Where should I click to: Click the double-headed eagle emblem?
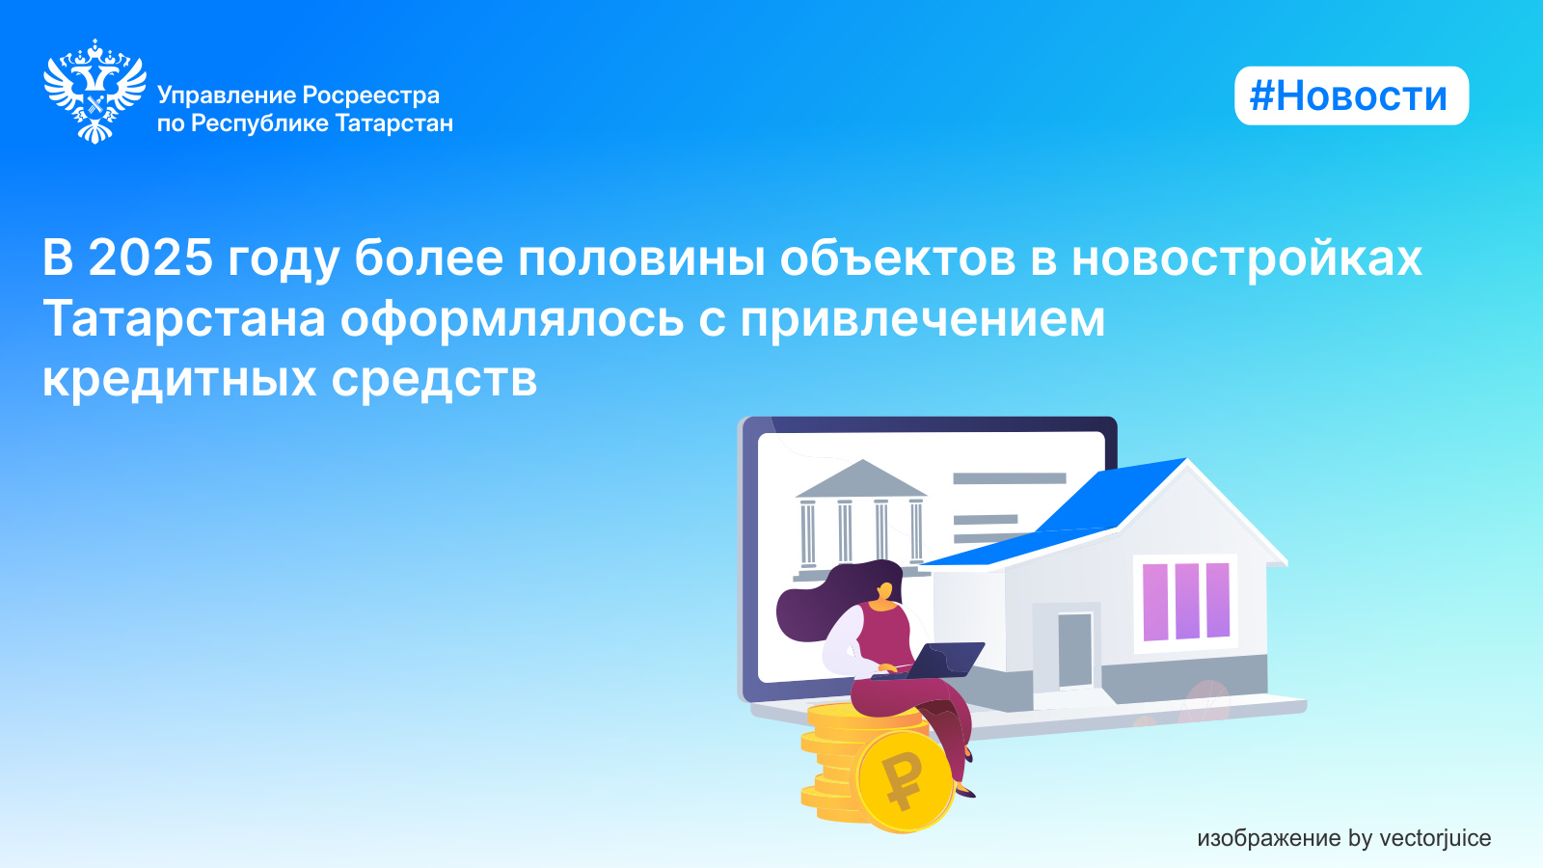(x=95, y=91)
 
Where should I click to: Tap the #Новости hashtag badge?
(x=1351, y=95)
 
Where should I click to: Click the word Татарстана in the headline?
(x=184, y=319)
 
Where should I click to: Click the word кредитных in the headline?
(x=179, y=380)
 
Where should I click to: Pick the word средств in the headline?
(x=434, y=380)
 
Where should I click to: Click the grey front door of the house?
(x=1074, y=650)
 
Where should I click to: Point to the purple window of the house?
(x=1186, y=602)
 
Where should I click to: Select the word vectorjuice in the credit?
(x=1436, y=838)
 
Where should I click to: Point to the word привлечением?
(x=923, y=319)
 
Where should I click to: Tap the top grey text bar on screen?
(x=1009, y=478)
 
